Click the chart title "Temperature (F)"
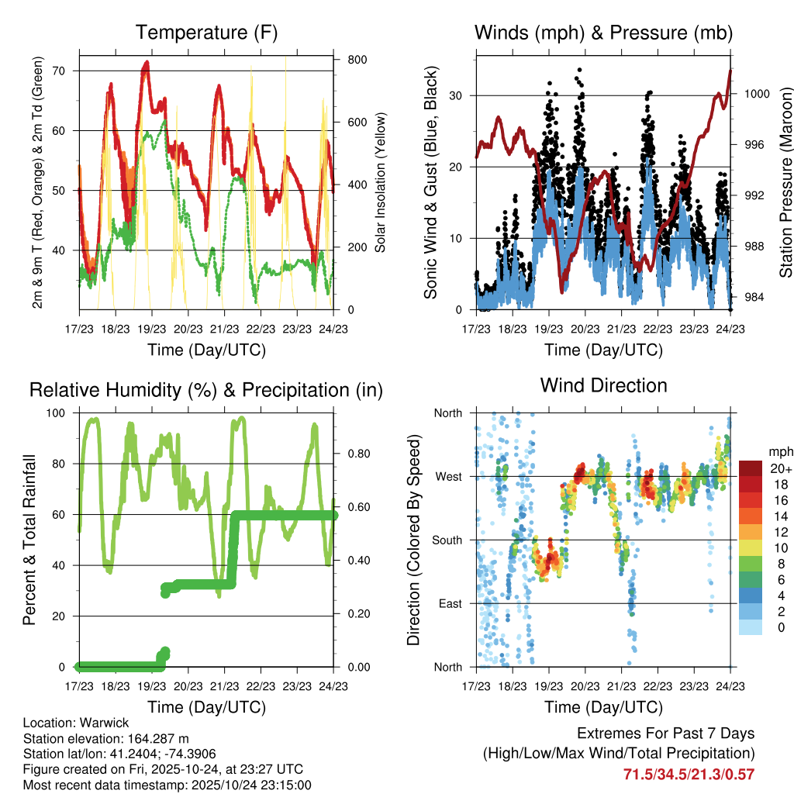206,33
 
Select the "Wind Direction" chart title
603,385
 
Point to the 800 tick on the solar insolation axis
357,60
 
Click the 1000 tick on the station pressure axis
755,94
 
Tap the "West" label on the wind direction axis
447,476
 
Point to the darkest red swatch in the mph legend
751,468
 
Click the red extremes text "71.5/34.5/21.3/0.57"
689,774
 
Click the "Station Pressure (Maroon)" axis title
785,182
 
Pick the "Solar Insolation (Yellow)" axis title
381,182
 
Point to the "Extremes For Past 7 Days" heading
665,734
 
